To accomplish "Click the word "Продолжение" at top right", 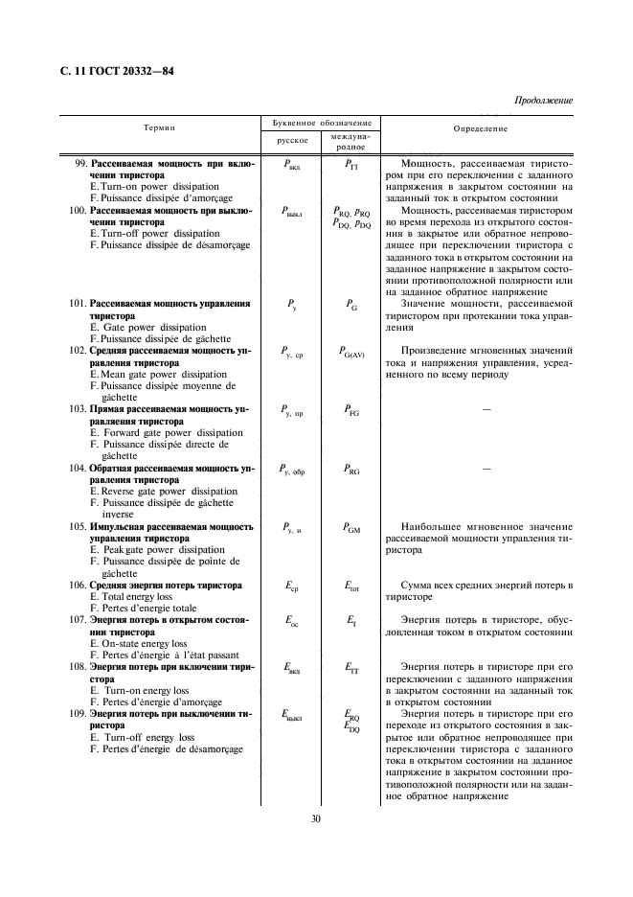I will coord(544,101).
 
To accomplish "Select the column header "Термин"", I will coord(159,127).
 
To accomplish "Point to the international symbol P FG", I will coord(350,410).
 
